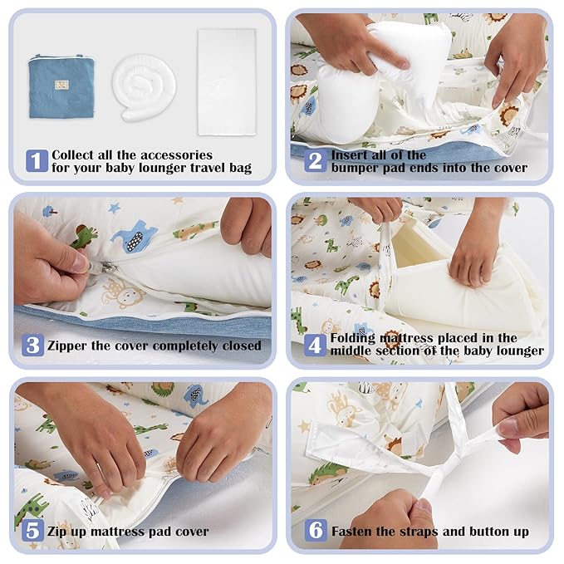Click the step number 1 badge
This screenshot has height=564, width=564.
click(37, 161)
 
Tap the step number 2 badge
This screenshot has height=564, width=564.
click(316, 161)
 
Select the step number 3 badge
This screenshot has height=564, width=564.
click(32, 346)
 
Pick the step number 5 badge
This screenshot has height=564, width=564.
click(32, 530)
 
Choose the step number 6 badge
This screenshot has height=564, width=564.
click(316, 530)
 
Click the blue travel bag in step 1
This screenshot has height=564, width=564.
click(61, 86)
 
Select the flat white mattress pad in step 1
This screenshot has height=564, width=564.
click(227, 82)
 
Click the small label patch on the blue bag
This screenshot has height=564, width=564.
click(61, 85)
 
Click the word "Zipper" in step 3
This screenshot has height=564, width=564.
click(67, 346)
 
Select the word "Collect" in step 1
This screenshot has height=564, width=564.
click(73, 155)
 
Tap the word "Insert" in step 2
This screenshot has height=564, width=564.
click(350, 155)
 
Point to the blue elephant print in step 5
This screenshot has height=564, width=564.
click(195, 395)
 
